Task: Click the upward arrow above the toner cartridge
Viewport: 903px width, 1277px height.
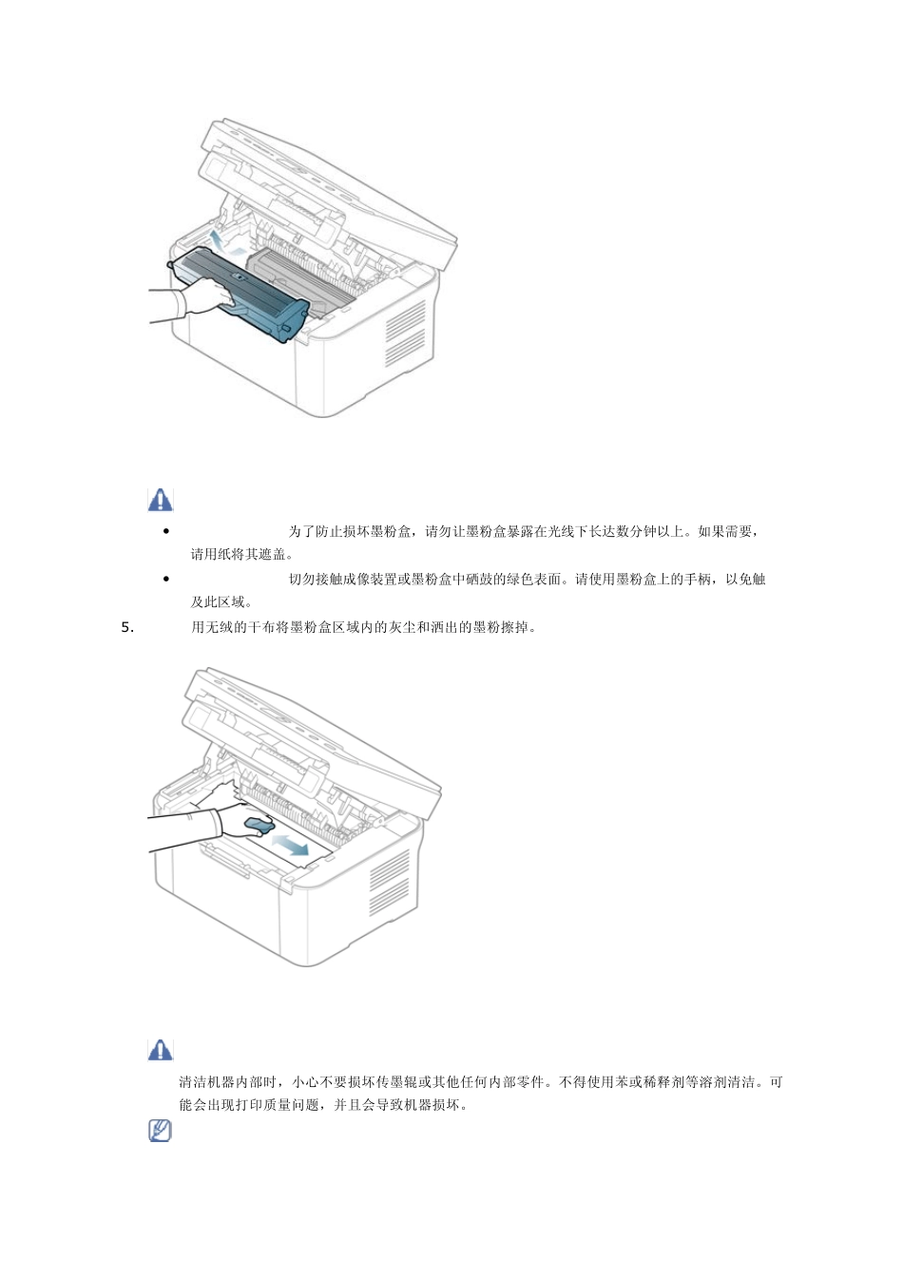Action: point(218,238)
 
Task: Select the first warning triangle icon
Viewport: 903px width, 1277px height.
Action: point(161,500)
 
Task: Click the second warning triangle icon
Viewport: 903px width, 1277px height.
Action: point(161,1049)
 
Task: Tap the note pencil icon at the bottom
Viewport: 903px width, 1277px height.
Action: point(161,1131)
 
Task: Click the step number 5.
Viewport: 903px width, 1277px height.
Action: point(129,627)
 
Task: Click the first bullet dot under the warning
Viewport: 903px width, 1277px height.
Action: point(166,532)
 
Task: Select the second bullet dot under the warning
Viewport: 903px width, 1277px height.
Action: point(166,579)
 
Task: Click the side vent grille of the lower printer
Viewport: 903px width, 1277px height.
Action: point(389,882)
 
